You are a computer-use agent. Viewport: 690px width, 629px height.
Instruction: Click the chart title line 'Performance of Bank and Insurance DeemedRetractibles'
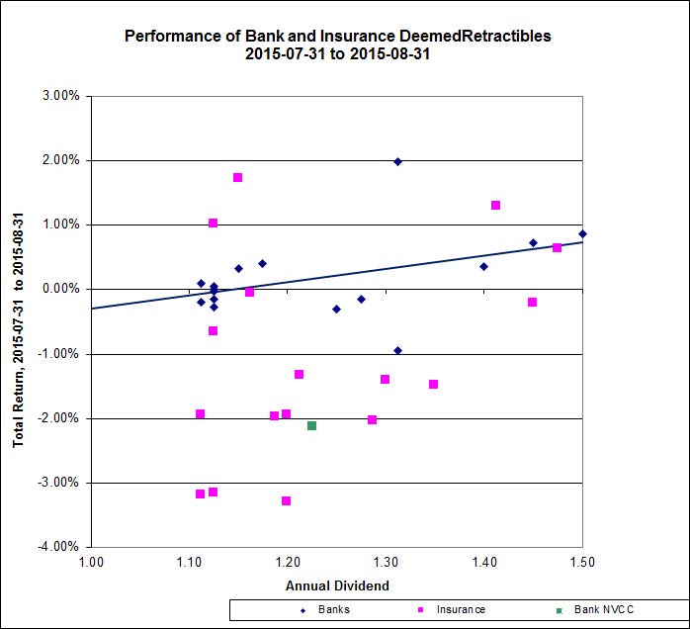click(x=337, y=36)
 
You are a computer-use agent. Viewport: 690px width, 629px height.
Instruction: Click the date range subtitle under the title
click(x=337, y=55)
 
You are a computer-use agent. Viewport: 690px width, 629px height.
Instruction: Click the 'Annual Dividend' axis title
click(x=336, y=585)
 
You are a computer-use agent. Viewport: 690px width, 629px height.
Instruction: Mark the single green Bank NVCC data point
click(x=311, y=425)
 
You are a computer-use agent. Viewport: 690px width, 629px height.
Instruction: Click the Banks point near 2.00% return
click(x=397, y=161)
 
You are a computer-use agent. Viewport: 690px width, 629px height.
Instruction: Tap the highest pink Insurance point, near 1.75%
click(x=237, y=178)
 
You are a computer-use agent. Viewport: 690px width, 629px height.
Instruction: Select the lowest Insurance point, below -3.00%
click(x=286, y=501)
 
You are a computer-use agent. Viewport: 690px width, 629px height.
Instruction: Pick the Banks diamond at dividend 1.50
click(x=582, y=234)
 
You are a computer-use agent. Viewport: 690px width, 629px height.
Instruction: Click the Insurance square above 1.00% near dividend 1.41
click(x=495, y=206)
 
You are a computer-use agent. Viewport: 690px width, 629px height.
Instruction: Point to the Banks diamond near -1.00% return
click(x=397, y=350)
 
